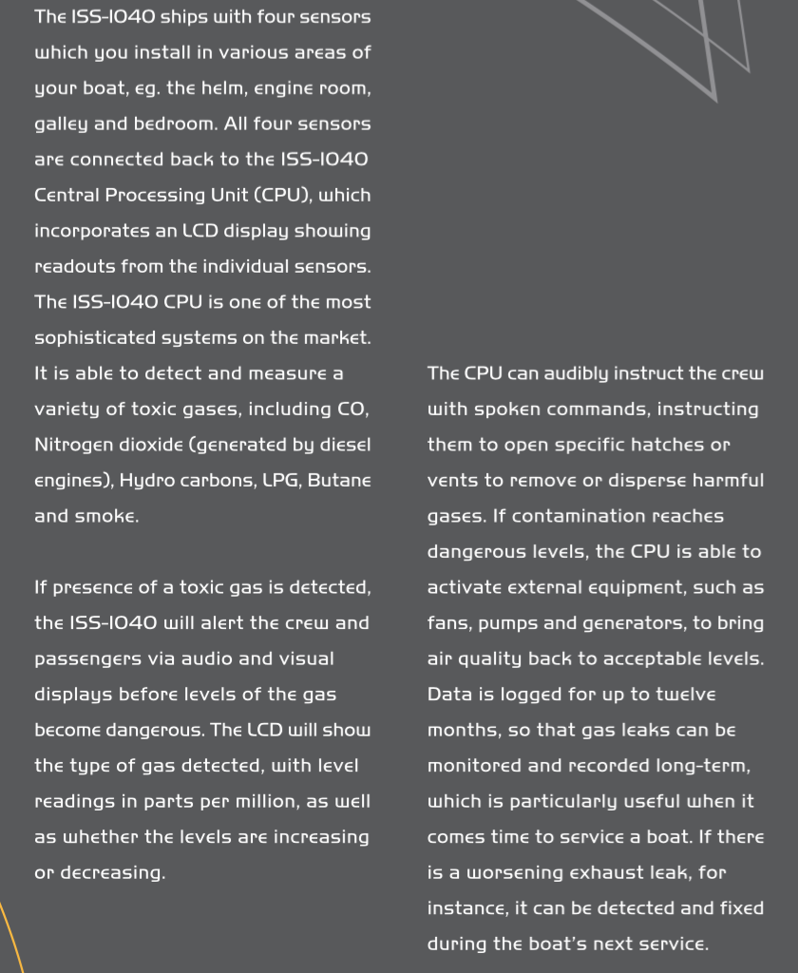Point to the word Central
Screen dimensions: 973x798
[72, 195]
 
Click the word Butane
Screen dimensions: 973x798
[339, 480]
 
